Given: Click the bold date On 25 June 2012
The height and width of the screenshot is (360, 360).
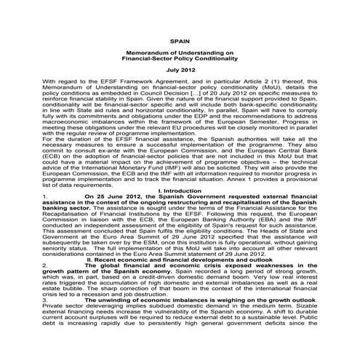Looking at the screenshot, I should pyautogui.click(x=92, y=196).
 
